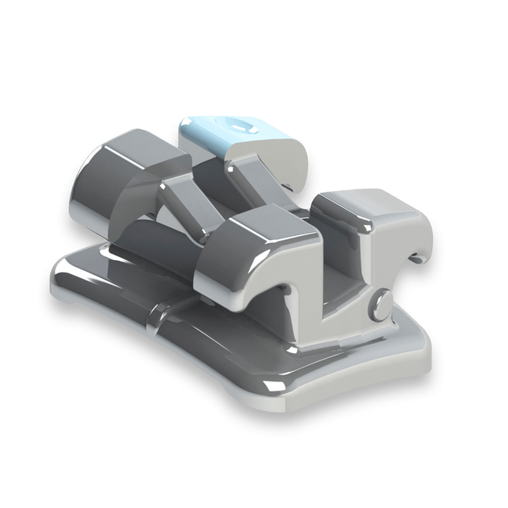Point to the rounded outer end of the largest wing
tap(90, 188)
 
